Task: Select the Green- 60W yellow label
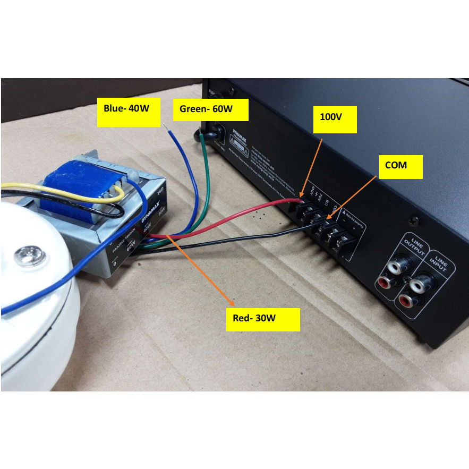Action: [x=211, y=110]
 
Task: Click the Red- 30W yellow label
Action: [x=262, y=319]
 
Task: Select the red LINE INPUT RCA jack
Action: [x=412, y=302]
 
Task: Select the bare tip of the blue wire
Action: [x=168, y=129]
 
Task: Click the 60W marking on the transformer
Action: [x=130, y=246]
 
